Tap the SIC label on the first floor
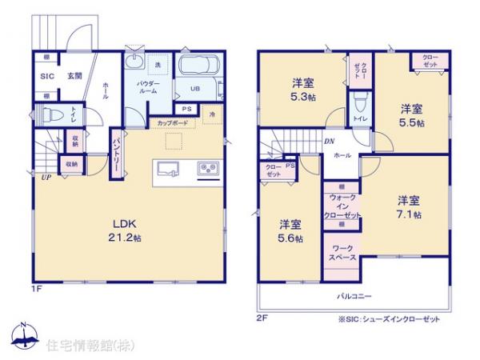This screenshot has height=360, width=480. (46, 77)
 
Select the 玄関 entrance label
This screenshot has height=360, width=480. (74, 77)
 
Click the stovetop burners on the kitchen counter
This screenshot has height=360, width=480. (208, 168)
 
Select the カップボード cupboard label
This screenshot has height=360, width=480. (173, 123)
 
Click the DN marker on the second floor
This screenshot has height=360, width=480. (329, 142)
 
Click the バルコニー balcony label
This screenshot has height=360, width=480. (353, 296)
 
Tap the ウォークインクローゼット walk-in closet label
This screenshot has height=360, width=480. (342, 206)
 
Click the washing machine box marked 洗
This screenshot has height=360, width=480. (158, 64)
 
